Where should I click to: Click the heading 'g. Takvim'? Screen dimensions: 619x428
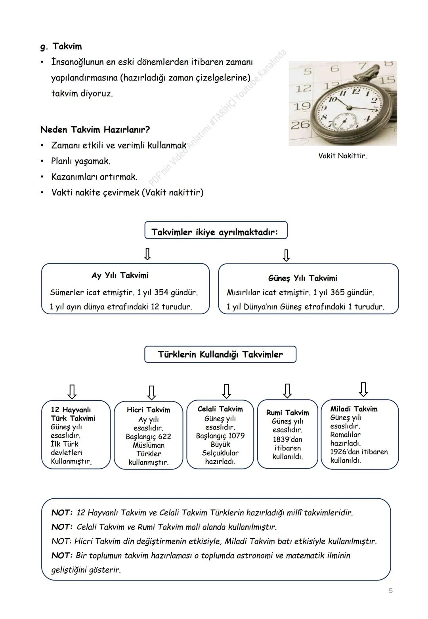tap(61, 46)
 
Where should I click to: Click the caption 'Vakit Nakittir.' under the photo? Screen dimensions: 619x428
tap(342, 156)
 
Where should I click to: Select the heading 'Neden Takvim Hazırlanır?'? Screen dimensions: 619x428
tap(95, 129)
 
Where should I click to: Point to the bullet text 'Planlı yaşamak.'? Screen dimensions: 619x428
tap(81, 161)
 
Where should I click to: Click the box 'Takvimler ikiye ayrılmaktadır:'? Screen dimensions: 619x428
tap(216, 231)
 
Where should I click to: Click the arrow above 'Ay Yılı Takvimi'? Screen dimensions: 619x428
tap(147, 254)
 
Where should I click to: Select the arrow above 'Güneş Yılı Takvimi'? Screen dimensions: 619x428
tap(286, 255)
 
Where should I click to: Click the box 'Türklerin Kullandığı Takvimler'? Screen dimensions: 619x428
tap(220, 354)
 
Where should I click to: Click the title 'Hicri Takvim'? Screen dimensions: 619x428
tap(148, 410)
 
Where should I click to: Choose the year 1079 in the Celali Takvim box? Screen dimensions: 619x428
tap(236, 436)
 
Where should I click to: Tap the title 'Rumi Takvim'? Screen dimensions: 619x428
tap(287, 413)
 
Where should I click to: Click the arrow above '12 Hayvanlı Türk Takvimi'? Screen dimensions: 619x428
tap(72, 391)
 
